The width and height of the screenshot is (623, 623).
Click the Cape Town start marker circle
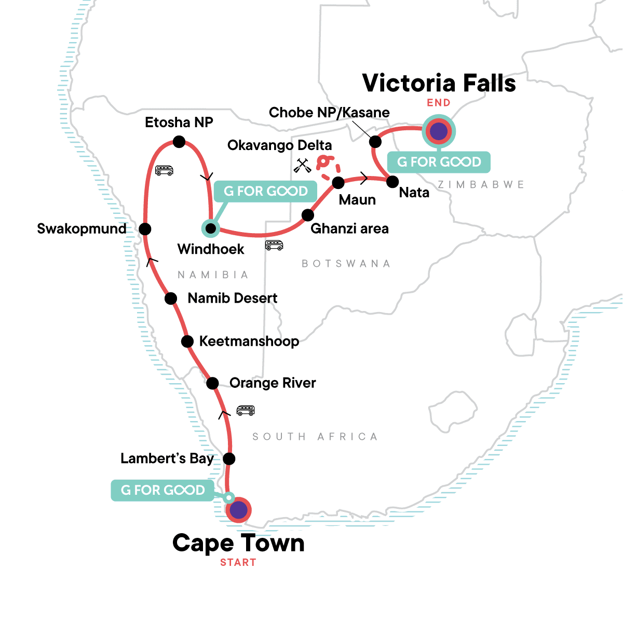point(239,510)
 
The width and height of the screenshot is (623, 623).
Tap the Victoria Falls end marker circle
point(439,131)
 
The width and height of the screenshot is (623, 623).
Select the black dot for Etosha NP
point(179,142)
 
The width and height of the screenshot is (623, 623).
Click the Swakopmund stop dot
point(145,229)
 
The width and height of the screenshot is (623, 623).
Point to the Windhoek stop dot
point(210,228)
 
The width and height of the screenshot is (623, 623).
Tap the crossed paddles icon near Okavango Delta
point(302,166)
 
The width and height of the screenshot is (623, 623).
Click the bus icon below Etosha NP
point(164,170)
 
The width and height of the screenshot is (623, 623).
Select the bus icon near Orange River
point(246,410)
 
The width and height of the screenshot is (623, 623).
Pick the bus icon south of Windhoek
point(274,245)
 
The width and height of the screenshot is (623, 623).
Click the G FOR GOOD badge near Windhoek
point(266,192)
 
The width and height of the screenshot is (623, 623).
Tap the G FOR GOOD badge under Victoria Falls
point(439,162)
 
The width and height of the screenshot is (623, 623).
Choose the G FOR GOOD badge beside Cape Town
point(162,490)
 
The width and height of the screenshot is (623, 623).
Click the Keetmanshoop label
point(249,342)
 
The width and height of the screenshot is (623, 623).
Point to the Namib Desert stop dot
point(171,299)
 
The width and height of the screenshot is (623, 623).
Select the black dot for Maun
point(338,183)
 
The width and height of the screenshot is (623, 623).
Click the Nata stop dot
point(392,182)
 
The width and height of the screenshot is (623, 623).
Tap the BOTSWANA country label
point(346,264)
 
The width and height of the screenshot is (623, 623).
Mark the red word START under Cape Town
point(238,562)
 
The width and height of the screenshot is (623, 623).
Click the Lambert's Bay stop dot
point(229,458)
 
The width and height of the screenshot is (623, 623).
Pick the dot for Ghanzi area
point(308,215)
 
